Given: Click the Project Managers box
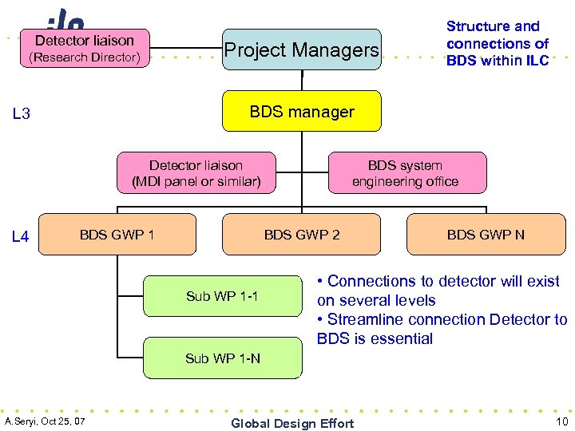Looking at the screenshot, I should click(x=301, y=49).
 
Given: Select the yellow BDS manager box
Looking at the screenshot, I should click(x=301, y=112).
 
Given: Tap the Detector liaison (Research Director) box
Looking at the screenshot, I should click(x=85, y=49).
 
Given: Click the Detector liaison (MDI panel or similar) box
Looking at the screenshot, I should click(x=196, y=173).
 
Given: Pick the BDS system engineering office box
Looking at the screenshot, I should click(x=406, y=173).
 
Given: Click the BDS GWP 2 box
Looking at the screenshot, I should click(x=301, y=235).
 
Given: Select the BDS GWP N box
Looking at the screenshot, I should click(x=486, y=235).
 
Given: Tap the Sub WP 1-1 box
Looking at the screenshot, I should click(x=222, y=296).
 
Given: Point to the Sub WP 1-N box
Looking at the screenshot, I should click(x=222, y=358).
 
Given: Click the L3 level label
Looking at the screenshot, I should click(x=22, y=114).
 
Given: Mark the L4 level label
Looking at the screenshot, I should click(x=22, y=237).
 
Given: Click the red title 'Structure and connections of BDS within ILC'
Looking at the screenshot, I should click(x=497, y=44).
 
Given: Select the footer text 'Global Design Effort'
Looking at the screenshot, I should click(x=291, y=423).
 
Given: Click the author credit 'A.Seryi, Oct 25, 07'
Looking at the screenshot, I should click(x=46, y=421).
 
